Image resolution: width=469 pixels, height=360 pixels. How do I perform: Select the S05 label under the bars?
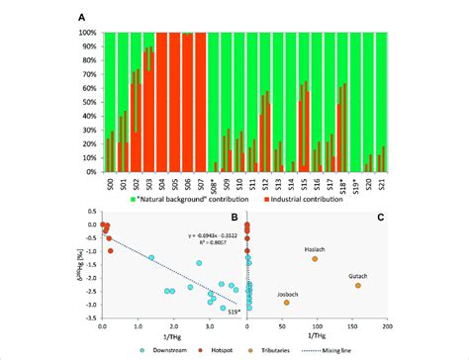174,183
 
